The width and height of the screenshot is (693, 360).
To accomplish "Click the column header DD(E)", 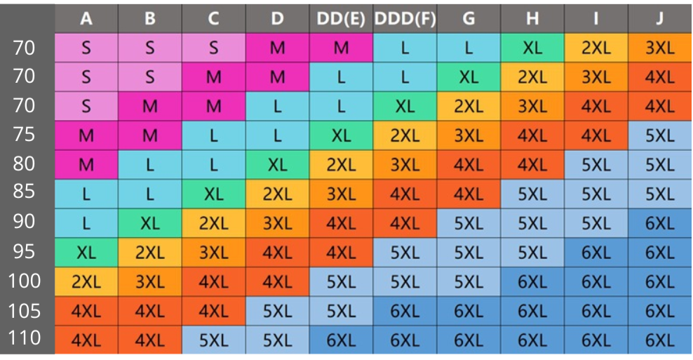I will [x=341, y=19].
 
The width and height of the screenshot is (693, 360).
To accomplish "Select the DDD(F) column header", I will [x=405, y=19].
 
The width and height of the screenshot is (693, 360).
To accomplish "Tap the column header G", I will [x=469, y=19].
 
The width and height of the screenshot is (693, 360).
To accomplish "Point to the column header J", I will [x=659, y=19].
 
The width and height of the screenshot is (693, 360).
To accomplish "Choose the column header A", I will [x=86, y=19].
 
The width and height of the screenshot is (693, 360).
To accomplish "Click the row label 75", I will [x=25, y=135].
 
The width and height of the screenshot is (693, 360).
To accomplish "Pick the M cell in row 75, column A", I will [x=86, y=135].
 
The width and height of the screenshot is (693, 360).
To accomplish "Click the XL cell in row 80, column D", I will [x=277, y=165].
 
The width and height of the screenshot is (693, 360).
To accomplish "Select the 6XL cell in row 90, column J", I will [x=659, y=223].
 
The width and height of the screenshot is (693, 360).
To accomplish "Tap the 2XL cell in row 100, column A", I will [x=86, y=282].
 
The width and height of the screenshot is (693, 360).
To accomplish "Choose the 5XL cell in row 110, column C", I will [x=213, y=340].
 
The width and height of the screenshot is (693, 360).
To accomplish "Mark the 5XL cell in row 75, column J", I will [x=659, y=135].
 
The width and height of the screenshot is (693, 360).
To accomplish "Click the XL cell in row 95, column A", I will [x=86, y=253].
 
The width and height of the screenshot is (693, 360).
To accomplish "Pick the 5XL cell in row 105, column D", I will [x=277, y=311].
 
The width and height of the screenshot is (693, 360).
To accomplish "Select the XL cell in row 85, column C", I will [x=213, y=194].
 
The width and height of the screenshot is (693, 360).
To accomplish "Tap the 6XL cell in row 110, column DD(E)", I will [x=341, y=340].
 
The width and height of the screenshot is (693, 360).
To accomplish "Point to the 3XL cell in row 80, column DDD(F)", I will [x=405, y=165].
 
